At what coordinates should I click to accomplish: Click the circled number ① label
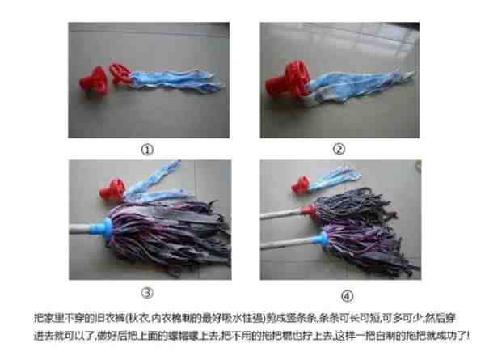pos(146,149)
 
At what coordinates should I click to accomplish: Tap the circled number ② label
pos(339,149)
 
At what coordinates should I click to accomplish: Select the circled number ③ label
pos(146,291)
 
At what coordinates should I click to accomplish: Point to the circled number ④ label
pos(339,291)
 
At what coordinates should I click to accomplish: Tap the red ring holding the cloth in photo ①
pos(122,74)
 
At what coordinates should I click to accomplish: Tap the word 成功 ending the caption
pos(459,334)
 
